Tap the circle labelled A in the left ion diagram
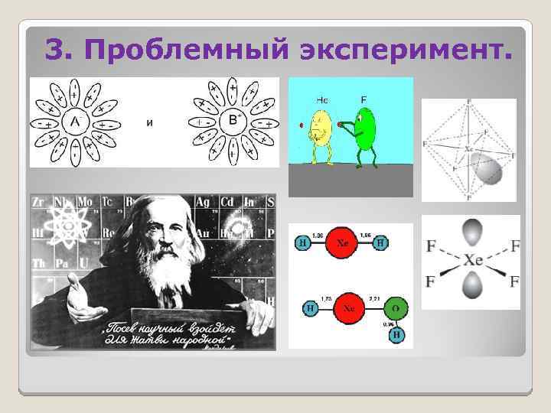[72, 122]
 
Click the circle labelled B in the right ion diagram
[232, 120]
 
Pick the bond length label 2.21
[374, 298]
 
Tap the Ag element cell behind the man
[204, 202]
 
